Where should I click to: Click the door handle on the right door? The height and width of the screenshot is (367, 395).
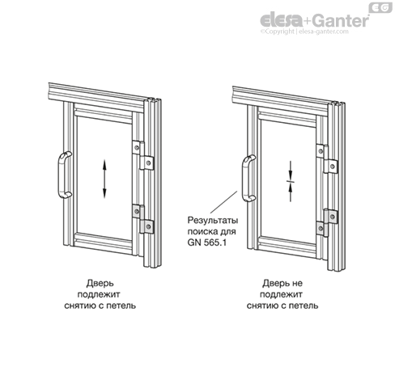pyautogui.click(x=245, y=178)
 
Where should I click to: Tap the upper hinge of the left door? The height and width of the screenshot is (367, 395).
pyautogui.click(x=143, y=155)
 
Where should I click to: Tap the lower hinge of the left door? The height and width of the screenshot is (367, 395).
pyautogui.click(x=143, y=219)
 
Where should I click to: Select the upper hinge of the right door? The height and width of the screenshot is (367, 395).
pyautogui.click(x=327, y=159)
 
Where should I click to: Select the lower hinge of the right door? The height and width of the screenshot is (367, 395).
pyautogui.click(x=327, y=222)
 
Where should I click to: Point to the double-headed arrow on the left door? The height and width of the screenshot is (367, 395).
pyautogui.click(x=104, y=179)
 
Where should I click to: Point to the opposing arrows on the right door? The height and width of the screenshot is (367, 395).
pyautogui.click(x=291, y=181)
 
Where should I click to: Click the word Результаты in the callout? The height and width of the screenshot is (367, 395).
pyautogui.click(x=213, y=221)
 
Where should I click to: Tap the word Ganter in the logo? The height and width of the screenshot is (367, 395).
pyautogui.click(x=342, y=20)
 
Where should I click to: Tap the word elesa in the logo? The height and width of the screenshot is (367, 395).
pyautogui.click(x=281, y=20)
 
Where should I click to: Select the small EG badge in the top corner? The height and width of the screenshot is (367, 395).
pyautogui.click(x=380, y=7)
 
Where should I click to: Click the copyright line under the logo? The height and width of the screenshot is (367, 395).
pyautogui.click(x=304, y=32)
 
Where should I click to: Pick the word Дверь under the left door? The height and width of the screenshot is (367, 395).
pyautogui.click(x=100, y=283)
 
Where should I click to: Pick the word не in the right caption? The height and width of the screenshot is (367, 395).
pyautogui.click(x=297, y=284)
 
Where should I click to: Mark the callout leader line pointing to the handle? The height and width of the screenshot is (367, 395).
pyautogui.click(x=224, y=202)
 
